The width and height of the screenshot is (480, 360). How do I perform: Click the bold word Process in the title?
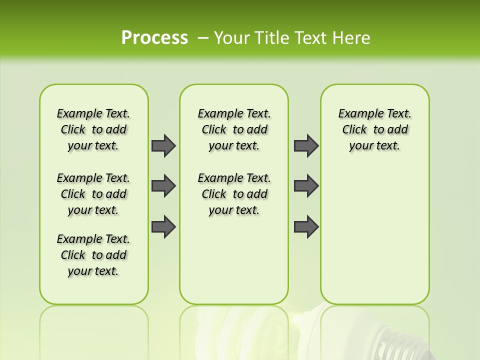click(x=154, y=37)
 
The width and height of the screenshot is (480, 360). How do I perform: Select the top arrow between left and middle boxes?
click(x=163, y=145)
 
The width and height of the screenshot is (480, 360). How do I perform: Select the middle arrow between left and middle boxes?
click(x=163, y=186)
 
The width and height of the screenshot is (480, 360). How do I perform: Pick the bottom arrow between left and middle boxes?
click(x=163, y=226)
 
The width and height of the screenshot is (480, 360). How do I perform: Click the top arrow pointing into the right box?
click(x=306, y=145)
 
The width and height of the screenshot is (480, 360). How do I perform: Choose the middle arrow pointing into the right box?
click(x=306, y=186)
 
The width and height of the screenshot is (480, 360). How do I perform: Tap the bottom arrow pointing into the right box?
click(x=306, y=226)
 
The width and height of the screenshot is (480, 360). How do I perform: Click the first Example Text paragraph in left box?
click(x=93, y=129)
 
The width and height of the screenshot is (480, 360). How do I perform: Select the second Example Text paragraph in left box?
click(x=93, y=194)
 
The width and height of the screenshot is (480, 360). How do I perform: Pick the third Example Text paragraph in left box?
click(x=93, y=255)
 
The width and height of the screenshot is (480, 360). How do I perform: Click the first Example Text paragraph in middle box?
click(x=234, y=129)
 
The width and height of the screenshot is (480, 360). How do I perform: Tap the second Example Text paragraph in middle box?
click(x=234, y=194)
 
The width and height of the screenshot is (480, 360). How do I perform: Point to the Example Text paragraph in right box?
click(x=374, y=129)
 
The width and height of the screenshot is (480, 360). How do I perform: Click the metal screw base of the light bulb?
click(x=400, y=340)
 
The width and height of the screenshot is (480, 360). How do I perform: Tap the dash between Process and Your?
click(x=203, y=38)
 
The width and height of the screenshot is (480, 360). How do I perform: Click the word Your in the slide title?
click(x=231, y=37)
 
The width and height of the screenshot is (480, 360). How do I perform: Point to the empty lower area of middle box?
click(x=234, y=260)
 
